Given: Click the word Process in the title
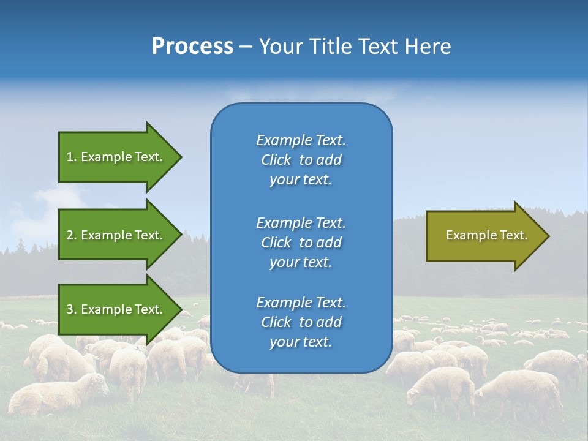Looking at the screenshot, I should [x=192, y=47].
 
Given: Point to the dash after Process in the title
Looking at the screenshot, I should [x=246, y=47].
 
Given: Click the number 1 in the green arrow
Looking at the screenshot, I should [x=70, y=157].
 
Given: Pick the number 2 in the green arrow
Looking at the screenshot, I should [x=70, y=235].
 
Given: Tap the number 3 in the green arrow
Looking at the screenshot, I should [x=70, y=309].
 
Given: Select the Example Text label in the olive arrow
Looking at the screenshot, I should [x=486, y=235].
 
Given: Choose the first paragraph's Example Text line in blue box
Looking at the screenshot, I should [x=301, y=140].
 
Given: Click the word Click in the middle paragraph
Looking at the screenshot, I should [x=276, y=243].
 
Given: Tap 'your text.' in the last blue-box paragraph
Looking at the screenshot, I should [x=301, y=342].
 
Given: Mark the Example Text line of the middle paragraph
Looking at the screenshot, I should [x=301, y=223].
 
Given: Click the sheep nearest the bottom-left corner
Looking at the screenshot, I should [x=55, y=395].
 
